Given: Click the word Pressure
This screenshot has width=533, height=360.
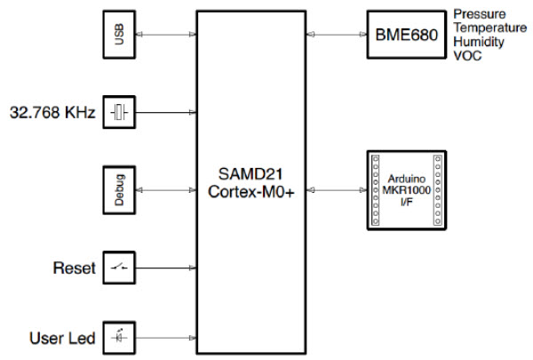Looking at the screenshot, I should click(480, 15).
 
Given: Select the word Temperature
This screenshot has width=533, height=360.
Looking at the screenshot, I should click(489, 28).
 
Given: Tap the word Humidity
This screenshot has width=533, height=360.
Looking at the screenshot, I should click(481, 42).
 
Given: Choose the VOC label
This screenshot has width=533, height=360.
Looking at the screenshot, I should click(467, 55).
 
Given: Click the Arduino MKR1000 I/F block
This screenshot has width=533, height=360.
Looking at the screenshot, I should click(405, 190).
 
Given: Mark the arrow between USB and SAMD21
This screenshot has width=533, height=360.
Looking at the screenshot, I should click(168, 36).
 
